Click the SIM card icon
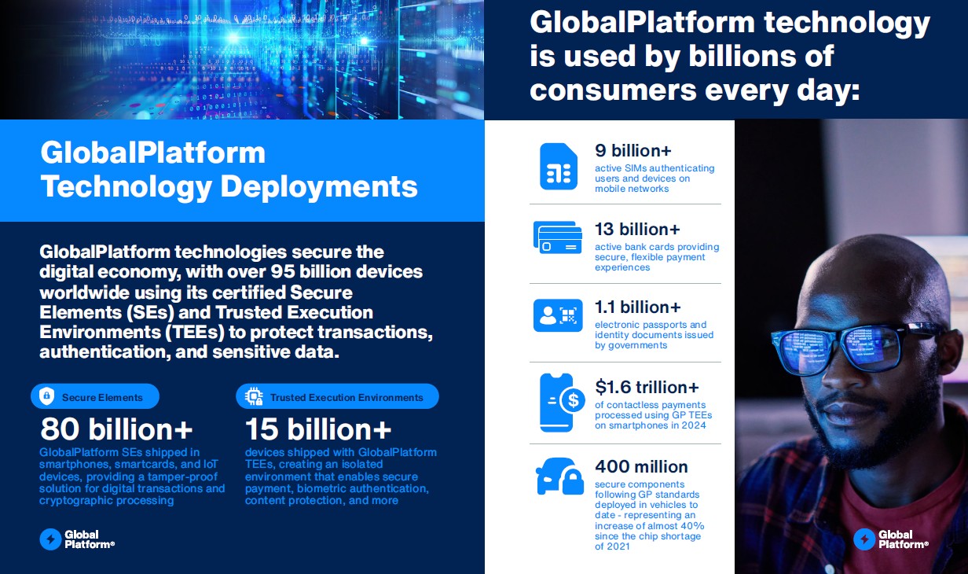(x=559, y=167)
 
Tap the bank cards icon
(x=558, y=237)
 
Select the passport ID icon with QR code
(x=558, y=315)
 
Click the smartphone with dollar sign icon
(x=562, y=403)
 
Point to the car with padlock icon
(x=560, y=476)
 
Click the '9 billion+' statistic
(x=633, y=150)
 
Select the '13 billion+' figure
(x=637, y=230)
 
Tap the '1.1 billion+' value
(x=638, y=307)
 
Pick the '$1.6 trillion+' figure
(x=647, y=387)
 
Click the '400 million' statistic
(x=641, y=467)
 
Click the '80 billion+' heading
(x=116, y=429)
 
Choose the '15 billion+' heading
(x=318, y=429)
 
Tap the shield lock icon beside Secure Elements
(x=46, y=396)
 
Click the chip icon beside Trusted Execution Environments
(x=254, y=396)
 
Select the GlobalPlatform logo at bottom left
(x=77, y=539)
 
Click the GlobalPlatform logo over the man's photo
(x=891, y=539)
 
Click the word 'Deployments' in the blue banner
(x=319, y=187)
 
